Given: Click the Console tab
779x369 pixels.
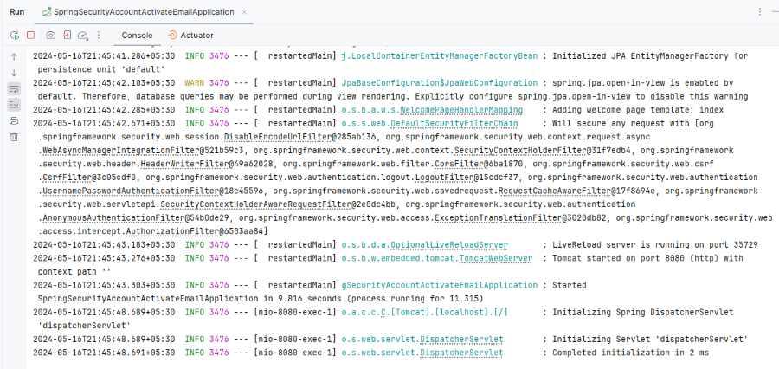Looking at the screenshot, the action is click(137, 36).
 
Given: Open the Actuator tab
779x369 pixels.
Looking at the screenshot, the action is click(191, 36).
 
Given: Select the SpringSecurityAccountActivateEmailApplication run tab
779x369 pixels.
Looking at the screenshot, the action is click(138, 12).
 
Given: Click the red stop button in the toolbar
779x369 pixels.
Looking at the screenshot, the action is click(31, 36).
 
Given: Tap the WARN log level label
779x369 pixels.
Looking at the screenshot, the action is click(194, 82).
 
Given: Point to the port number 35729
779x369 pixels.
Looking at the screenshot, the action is click(746, 244).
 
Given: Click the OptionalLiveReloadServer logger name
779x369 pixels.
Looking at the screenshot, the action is click(425, 244).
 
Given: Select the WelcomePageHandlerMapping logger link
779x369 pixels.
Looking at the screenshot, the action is click(432, 109).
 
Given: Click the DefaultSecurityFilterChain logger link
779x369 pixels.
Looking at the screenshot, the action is click(429, 123).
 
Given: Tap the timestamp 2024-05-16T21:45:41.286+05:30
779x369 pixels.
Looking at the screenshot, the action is click(105, 55).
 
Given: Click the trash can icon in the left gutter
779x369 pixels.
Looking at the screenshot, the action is click(14, 137).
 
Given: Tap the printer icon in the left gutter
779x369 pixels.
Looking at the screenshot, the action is click(14, 121).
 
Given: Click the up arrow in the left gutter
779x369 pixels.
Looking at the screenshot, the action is click(14, 57).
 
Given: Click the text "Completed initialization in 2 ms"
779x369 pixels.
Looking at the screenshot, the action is click(630, 353).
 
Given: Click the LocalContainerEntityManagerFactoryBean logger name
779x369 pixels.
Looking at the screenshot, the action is click(440, 55).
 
